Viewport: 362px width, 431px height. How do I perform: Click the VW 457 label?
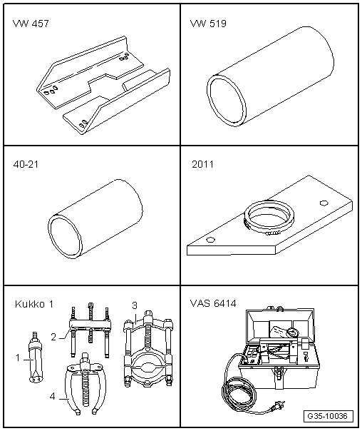31,24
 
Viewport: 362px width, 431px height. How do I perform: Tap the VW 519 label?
208,24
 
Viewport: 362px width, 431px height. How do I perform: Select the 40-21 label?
26,164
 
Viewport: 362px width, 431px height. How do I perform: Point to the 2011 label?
202,164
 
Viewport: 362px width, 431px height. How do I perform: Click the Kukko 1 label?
34,304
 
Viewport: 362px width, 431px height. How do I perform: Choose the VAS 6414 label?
213,303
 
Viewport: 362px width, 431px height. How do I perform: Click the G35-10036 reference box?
329,416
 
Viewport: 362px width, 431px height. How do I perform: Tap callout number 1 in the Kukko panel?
18,358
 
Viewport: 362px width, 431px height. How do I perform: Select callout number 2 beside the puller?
53,337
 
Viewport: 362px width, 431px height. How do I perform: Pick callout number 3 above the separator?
134,305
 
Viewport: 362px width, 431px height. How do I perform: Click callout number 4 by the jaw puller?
53,396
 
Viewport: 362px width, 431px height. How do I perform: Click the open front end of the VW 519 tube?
226,101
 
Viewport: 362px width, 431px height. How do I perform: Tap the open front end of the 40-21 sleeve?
65,237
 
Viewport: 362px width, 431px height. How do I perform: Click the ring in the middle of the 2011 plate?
269,217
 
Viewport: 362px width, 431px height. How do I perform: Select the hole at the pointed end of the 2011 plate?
210,240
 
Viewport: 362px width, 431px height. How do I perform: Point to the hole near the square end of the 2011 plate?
324,203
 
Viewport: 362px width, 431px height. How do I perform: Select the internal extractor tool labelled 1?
36,358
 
